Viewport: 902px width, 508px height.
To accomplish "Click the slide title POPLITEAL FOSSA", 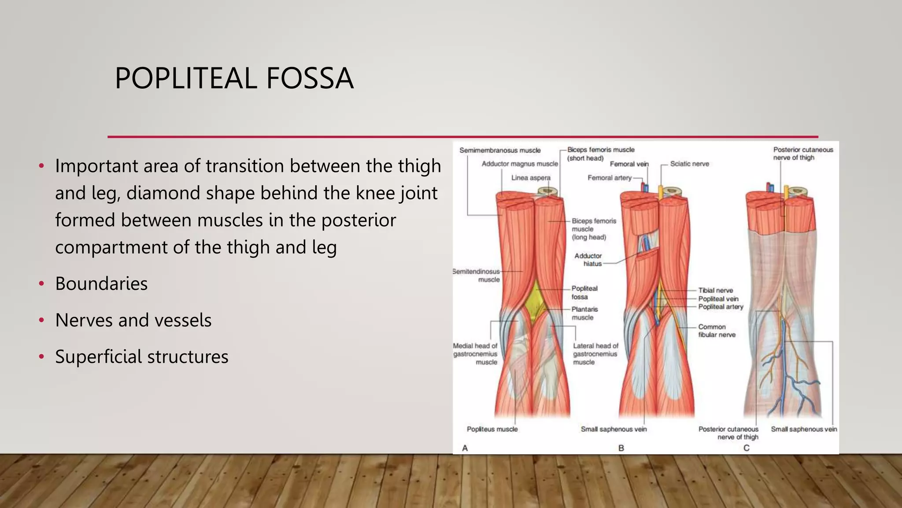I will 234,78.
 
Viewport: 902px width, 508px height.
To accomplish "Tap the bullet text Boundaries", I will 101,284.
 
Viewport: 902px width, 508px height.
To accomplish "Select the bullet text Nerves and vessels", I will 133,320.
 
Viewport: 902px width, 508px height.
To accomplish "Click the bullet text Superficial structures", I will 141,357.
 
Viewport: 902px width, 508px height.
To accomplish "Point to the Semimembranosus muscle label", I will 500,150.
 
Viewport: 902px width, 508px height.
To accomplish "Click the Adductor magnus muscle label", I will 520,164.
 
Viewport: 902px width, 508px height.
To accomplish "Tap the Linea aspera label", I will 531,178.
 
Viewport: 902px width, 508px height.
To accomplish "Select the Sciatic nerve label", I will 689,164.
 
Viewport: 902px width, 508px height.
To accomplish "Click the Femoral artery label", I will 609,178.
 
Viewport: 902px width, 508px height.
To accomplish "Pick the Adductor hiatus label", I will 588,260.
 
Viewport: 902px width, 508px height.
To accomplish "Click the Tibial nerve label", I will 715,291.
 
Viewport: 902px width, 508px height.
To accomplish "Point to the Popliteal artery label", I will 721,307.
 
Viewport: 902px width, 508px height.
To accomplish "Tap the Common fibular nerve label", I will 717,331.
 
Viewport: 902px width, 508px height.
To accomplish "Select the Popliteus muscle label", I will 492,429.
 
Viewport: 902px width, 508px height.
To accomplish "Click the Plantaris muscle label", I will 584,314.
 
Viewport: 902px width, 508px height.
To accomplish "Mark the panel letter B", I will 621,448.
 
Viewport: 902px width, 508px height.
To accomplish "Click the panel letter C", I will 746,448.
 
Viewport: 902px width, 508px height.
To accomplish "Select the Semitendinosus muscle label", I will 477,276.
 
